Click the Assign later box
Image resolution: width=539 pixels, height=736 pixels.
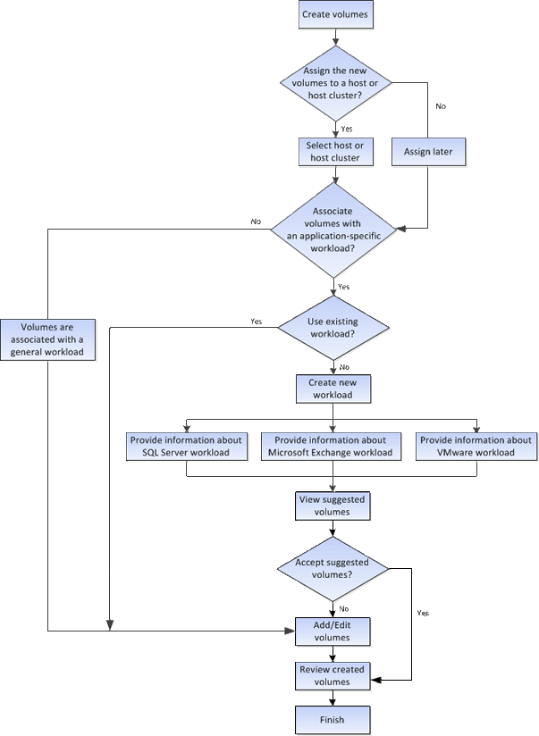(428, 152)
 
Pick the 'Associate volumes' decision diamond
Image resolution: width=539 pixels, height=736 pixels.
(333, 230)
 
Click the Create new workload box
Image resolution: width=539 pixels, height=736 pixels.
(333, 389)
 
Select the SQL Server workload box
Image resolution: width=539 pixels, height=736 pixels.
(186, 447)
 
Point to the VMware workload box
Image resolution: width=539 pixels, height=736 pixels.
(476, 447)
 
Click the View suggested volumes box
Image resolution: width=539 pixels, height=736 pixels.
(333, 506)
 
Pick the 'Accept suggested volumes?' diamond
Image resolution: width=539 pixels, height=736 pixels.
(333, 568)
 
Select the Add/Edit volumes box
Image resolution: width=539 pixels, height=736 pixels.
(333, 631)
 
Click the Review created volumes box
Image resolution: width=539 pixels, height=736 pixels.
(333, 675)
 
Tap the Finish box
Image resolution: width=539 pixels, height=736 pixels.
(333, 719)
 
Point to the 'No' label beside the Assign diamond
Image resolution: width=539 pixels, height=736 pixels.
(440, 106)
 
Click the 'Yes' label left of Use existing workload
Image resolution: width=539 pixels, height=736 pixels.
(257, 321)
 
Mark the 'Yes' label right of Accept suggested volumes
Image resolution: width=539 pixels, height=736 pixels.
(423, 614)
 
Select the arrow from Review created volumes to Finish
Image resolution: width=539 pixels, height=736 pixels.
(333, 698)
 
